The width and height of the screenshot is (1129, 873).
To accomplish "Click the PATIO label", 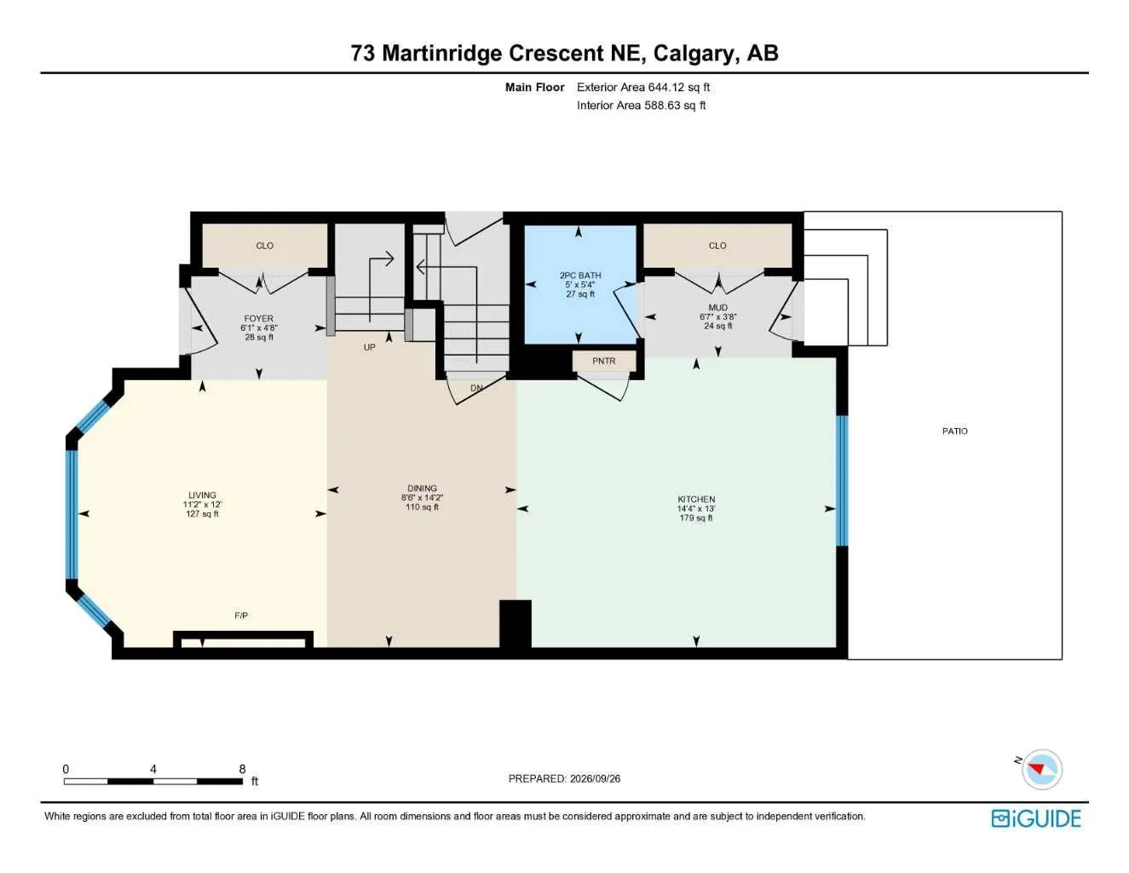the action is click(x=954, y=431).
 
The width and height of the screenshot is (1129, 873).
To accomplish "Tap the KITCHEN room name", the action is click(x=696, y=499).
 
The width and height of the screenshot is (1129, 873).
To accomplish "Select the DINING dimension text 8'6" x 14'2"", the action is click(x=422, y=497).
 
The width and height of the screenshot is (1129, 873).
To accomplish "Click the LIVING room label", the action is click(x=202, y=494).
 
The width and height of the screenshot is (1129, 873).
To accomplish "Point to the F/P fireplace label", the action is click(x=241, y=616).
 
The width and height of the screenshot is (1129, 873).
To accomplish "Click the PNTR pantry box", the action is click(x=604, y=361).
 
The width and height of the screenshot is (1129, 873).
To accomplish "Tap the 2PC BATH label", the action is click(x=579, y=275).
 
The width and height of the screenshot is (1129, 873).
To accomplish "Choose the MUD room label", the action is click(x=717, y=307).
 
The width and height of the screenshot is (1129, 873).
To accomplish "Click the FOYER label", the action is click(x=259, y=318).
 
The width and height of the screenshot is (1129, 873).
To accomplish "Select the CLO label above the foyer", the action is click(x=264, y=246).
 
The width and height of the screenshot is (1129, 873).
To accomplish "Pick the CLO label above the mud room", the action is click(x=717, y=246).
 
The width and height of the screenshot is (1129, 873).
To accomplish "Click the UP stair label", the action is click(x=370, y=347).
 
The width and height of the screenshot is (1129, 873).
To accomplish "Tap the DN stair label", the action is click(x=476, y=388).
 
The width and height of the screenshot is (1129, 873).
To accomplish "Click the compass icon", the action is click(x=1042, y=770).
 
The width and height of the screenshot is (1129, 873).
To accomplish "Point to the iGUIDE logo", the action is click(x=1036, y=818).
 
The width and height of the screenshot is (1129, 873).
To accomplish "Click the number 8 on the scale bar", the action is click(x=242, y=769).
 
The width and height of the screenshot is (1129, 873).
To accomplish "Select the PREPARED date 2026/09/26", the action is click(x=595, y=778).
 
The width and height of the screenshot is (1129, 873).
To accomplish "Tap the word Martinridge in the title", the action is click(x=442, y=54).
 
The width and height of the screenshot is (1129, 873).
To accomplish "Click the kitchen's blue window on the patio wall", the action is click(x=842, y=480).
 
